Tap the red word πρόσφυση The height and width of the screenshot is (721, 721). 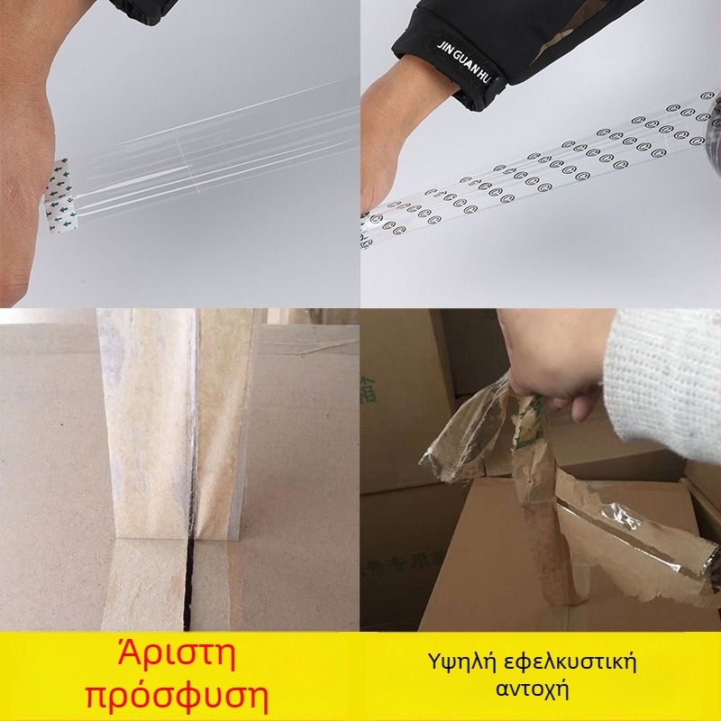click(177, 696)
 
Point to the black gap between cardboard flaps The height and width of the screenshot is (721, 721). click(190, 586)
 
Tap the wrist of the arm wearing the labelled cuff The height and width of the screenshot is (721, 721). click(406, 99)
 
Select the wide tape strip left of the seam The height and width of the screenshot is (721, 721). click(144, 433)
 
